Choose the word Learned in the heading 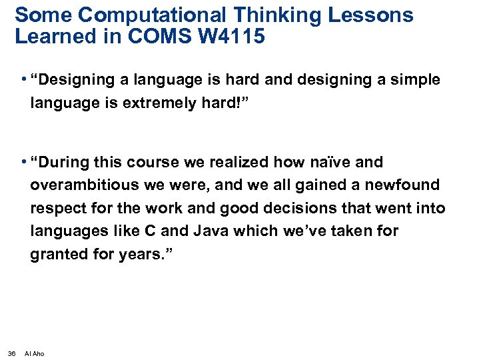[51, 36]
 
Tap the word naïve [339, 162]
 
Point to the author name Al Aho [34, 353]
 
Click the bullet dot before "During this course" [23, 161]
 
